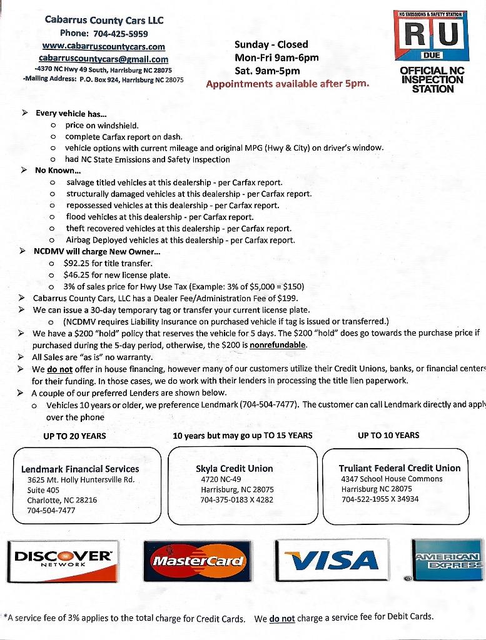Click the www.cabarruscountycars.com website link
click(103, 46)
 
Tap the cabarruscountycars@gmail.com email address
click(103, 59)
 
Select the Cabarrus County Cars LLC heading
click(104, 20)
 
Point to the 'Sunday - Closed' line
click(271, 44)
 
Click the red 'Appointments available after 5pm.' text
click(288, 83)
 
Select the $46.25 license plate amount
click(78, 275)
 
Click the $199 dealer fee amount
click(287, 298)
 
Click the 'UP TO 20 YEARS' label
click(74, 436)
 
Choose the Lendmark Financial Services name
click(80, 469)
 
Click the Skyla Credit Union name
click(234, 468)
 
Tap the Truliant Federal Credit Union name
click(400, 467)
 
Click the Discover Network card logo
click(64, 559)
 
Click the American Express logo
click(448, 559)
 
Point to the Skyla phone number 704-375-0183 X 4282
click(236, 499)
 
